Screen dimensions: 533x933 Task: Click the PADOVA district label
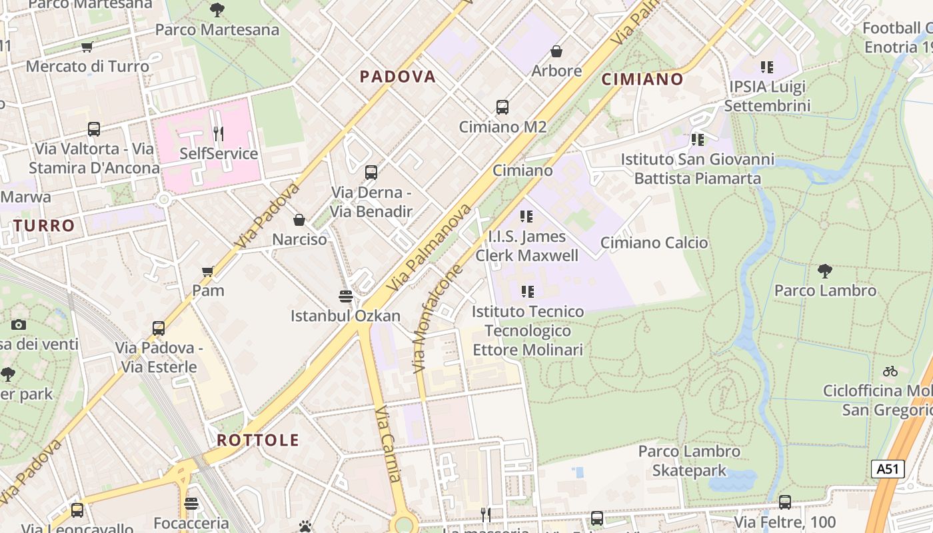coord(398,77)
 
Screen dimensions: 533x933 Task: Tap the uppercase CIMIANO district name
coord(642,79)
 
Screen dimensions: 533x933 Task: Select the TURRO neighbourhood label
coord(44,226)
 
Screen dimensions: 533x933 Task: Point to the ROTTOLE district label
coord(258,440)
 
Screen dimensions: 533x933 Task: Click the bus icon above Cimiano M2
coord(502,107)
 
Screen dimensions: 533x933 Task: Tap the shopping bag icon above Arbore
coord(556,51)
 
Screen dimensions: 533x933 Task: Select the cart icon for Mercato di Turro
coord(87,47)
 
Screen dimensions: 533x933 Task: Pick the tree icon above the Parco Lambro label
coord(824,271)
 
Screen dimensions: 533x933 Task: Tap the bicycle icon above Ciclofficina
coord(890,371)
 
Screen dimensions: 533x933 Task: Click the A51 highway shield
coord(888,469)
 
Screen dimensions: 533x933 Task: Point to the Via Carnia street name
coord(388,444)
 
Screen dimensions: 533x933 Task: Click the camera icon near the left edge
coord(19,325)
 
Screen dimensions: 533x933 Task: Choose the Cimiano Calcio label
coord(654,243)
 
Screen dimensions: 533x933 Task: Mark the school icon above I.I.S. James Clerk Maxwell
coord(526,217)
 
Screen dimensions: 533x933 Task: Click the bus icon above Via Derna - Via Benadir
coord(371,173)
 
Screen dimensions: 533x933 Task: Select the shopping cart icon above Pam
coord(208,271)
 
